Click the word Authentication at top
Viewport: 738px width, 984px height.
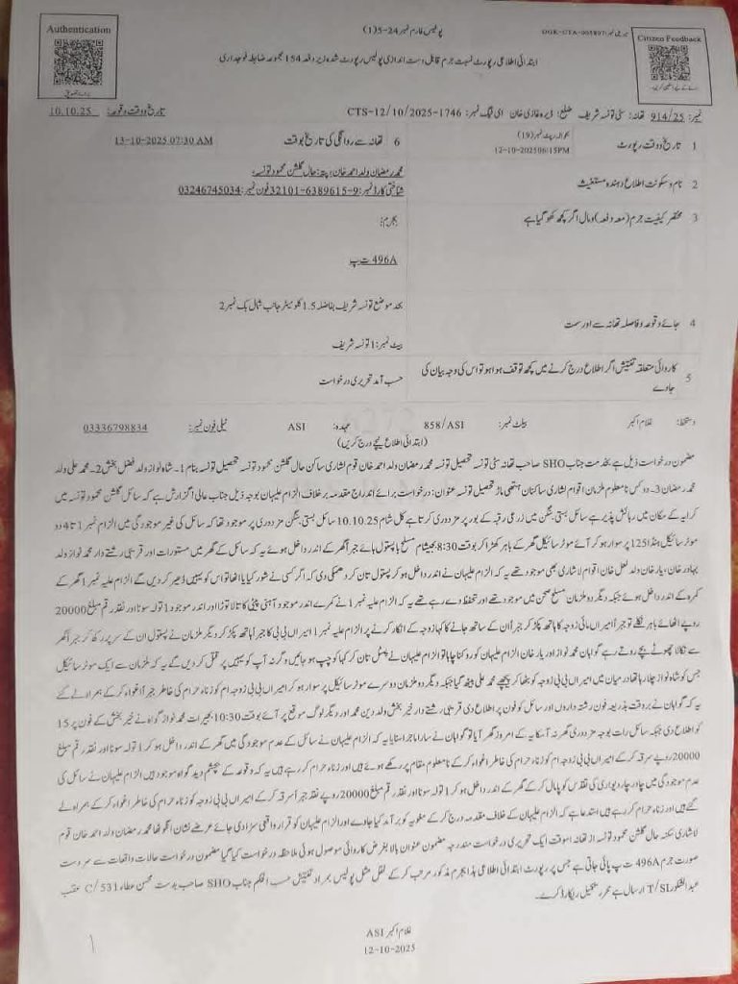79,30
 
